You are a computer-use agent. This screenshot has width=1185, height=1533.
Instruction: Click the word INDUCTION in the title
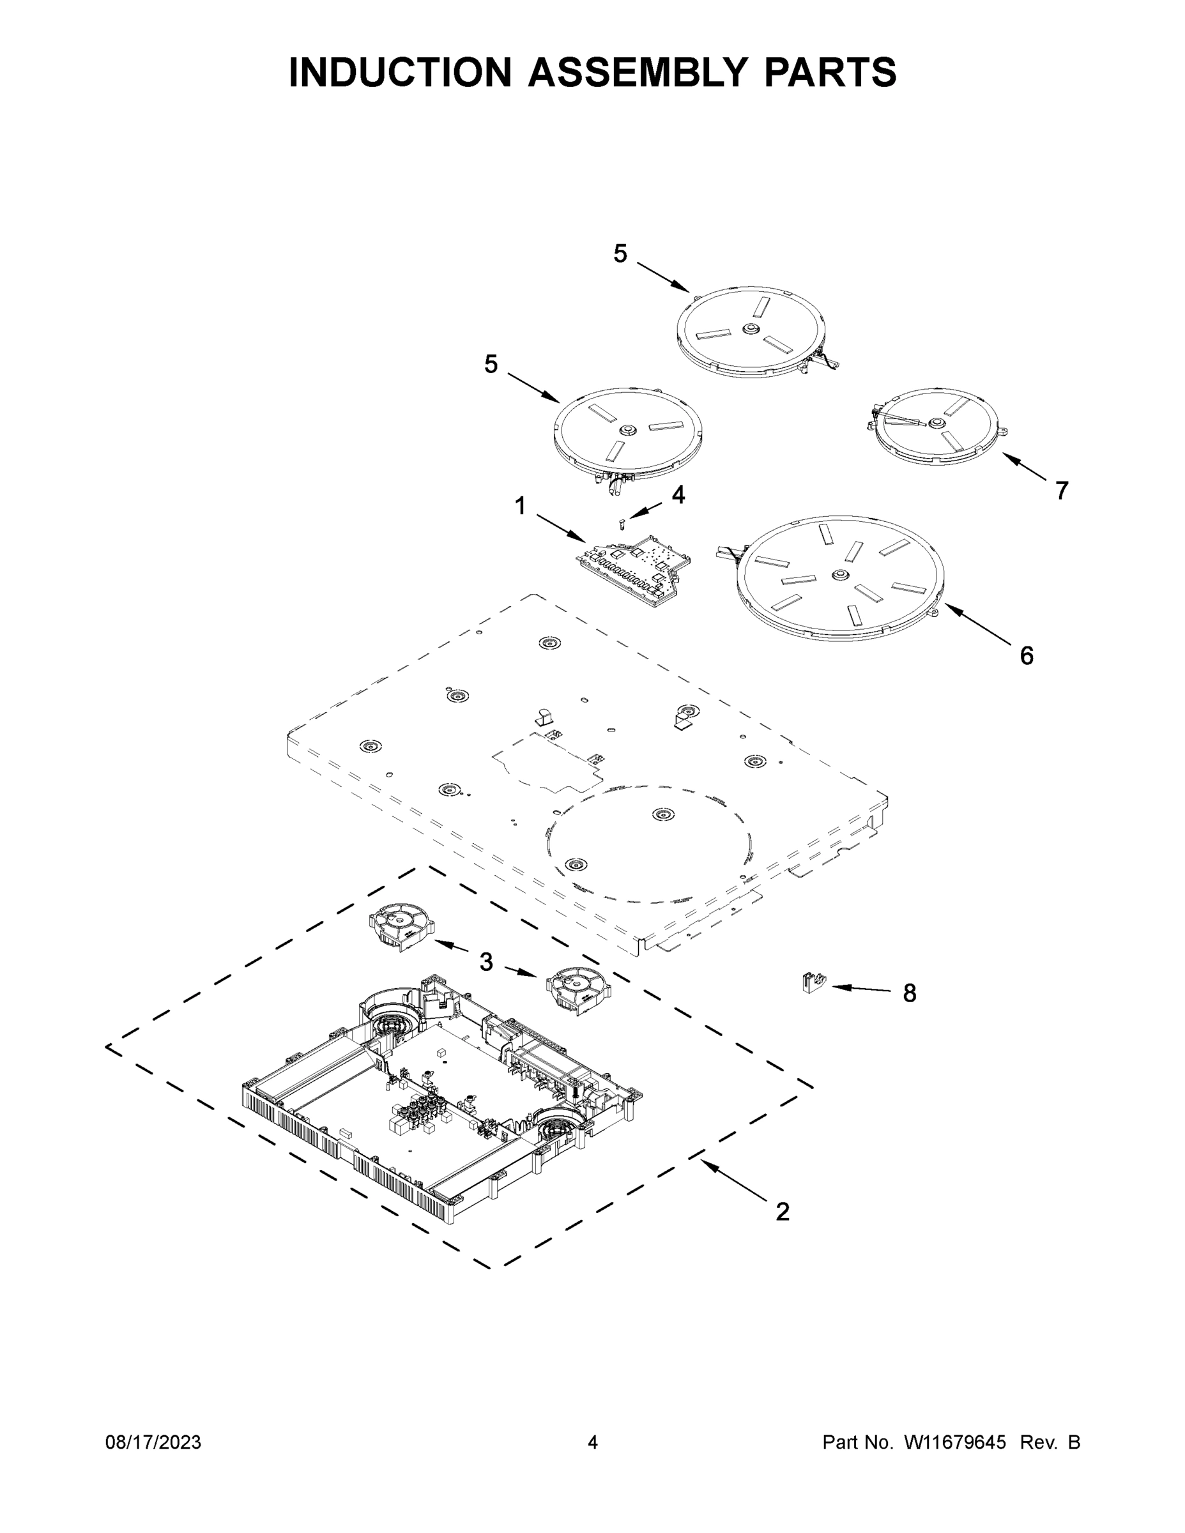click(400, 72)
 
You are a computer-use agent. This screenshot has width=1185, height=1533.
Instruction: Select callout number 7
click(1062, 491)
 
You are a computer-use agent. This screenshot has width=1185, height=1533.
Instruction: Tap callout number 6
click(1027, 655)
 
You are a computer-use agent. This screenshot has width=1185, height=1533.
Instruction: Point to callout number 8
click(909, 993)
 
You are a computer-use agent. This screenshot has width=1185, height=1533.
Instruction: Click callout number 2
click(782, 1212)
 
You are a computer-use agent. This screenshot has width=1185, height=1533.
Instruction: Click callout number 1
click(520, 505)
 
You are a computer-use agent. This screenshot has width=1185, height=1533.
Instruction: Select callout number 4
click(677, 495)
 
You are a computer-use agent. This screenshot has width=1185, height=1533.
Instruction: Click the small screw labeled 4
click(622, 524)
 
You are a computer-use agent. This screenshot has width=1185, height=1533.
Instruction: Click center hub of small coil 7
click(936, 423)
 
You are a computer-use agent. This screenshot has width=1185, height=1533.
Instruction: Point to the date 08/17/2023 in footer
click(153, 1442)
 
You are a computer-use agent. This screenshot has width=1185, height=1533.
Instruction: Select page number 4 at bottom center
click(593, 1442)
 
